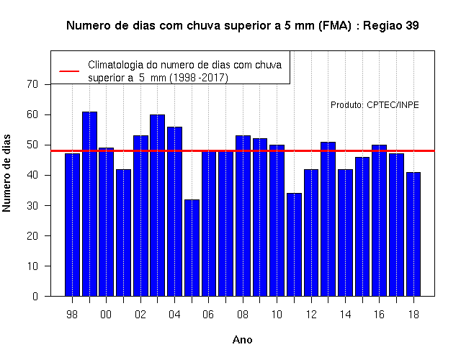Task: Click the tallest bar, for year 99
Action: point(89,204)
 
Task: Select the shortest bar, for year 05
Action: point(192,248)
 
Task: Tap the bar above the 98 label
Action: point(72,225)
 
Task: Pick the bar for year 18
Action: point(413,234)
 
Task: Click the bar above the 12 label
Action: point(311,233)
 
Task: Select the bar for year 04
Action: point(174,212)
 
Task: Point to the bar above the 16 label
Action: point(380,220)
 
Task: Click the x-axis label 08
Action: point(243,315)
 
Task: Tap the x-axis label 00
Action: point(106,315)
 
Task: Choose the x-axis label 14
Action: point(345,315)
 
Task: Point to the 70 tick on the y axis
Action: point(32,84)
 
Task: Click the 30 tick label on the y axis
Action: point(32,205)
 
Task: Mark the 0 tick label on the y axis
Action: point(35,296)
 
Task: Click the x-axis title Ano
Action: point(243,340)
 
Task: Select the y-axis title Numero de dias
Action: point(6,174)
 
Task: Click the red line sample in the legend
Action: point(69,71)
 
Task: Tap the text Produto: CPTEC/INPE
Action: point(375,105)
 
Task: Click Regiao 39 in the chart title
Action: point(391,26)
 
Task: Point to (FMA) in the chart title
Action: point(335,26)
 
